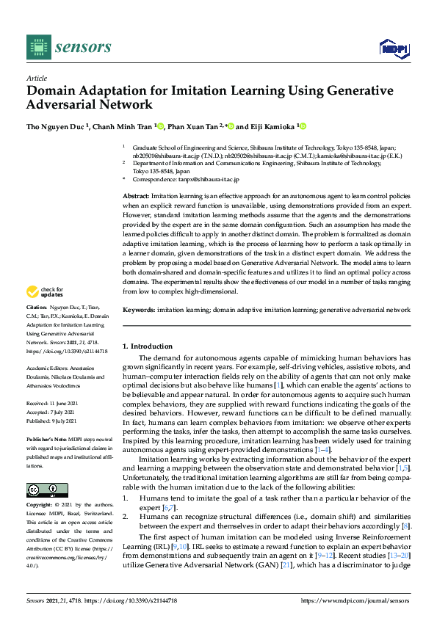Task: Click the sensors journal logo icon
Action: pyautogui.click(x=37, y=47)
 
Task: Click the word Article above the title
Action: pyautogui.click(x=37, y=78)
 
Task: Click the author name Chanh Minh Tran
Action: pyautogui.click(x=124, y=126)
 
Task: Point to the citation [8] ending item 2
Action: pyautogui.click(x=406, y=526)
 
